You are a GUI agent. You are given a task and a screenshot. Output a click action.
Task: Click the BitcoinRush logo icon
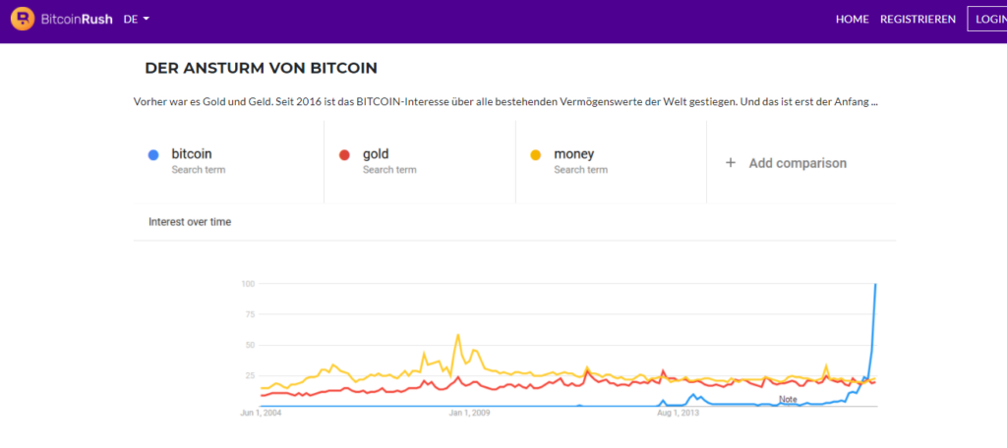click(21, 19)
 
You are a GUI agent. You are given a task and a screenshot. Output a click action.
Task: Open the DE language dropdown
click(137, 19)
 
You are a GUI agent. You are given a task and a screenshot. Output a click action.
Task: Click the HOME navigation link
click(852, 19)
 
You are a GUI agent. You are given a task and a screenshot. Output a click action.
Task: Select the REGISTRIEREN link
click(918, 19)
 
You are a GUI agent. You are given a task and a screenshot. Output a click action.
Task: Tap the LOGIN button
click(988, 19)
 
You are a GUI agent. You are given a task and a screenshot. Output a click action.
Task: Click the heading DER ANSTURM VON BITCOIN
click(261, 68)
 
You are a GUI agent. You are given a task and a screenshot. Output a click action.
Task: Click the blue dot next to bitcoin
click(152, 154)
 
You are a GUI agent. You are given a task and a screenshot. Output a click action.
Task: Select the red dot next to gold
click(344, 154)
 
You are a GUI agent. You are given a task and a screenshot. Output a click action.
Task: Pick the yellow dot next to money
click(535, 154)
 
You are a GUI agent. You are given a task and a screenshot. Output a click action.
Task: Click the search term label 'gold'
click(376, 153)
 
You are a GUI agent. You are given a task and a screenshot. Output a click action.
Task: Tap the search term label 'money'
click(573, 153)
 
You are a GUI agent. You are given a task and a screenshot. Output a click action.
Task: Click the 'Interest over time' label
click(190, 222)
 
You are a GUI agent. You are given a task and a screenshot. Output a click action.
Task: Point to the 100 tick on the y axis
click(248, 284)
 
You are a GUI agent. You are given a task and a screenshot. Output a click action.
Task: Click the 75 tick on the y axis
click(250, 314)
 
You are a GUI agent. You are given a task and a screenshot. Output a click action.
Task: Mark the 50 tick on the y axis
click(250, 345)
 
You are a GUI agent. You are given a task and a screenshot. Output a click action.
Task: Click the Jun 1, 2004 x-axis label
click(262, 413)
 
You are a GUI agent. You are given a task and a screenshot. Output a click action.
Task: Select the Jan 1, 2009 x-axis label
click(469, 413)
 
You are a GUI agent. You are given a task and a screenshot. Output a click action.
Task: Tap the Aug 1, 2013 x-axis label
click(678, 413)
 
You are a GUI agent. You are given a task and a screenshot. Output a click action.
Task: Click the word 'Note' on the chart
click(788, 399)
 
